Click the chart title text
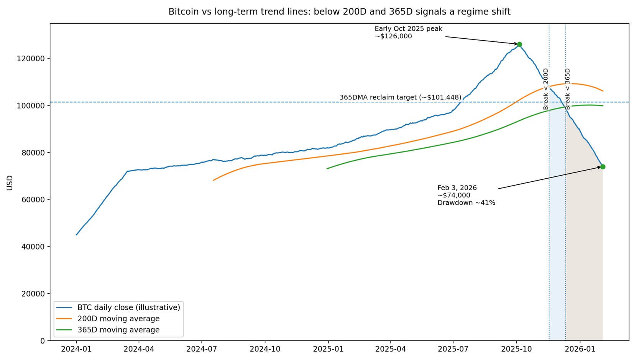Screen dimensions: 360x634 [339, 12]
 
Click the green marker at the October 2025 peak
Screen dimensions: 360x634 [519, 44]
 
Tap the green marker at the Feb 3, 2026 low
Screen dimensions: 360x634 [603, 167]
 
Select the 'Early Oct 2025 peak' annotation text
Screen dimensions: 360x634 [408, 29]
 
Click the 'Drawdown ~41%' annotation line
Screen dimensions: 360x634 [466, 203]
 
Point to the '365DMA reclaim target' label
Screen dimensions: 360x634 [400, 97]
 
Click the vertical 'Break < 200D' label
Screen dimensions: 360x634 [546, 89]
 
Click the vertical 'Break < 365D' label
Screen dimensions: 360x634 [568, 89]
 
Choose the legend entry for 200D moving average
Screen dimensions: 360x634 [118, 319]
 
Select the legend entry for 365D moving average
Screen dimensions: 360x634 [118, 330]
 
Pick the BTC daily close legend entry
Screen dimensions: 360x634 [128, 307]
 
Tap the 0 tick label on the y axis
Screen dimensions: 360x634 [43, 341]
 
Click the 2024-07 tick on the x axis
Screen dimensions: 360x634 [202, 349]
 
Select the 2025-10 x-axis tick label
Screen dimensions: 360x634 [516, 349]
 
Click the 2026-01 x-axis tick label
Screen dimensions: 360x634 [580, 349]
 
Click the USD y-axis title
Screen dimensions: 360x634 [10, 182]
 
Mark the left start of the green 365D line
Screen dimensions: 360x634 [327, 169]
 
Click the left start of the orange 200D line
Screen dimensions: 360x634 [214, 180]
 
